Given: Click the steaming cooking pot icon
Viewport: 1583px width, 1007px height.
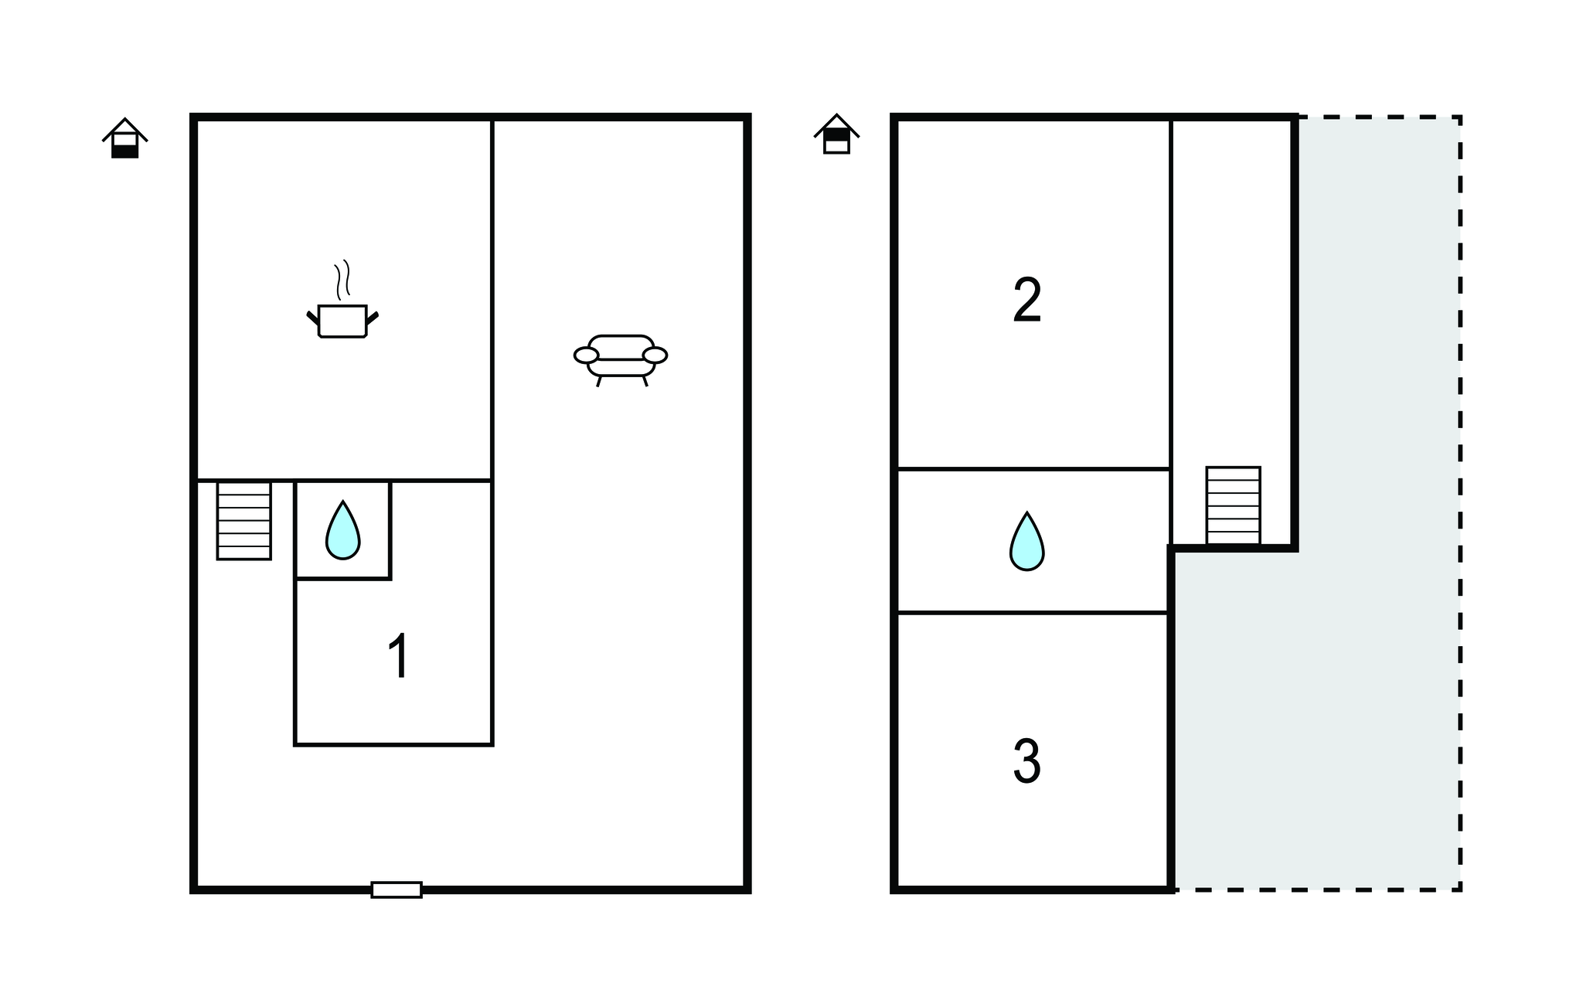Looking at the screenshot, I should click(342, 319).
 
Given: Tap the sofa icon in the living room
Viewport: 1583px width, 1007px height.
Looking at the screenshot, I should click(621, 358).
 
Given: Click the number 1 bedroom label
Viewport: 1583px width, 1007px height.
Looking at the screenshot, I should click(398, 656).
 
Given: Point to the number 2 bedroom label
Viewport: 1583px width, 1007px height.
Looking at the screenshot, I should click(1027, 301).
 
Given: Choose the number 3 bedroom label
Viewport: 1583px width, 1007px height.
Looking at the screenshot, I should click(1026, 761).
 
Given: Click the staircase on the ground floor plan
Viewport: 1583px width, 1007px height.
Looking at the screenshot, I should click(244, 520).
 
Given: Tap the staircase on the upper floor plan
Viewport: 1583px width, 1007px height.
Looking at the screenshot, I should click(1233, 505).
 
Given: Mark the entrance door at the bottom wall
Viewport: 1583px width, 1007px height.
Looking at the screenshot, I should click(397, 890).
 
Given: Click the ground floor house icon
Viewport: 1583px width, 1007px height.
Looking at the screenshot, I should click(125, 139).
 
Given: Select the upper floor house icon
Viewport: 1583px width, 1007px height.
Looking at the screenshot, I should click(836, 135).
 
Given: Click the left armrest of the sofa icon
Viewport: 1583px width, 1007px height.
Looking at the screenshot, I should click(586, 356).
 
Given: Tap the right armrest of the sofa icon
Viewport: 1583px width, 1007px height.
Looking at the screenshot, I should click(655, 356).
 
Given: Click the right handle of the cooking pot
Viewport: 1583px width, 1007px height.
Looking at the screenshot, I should click(373, 317).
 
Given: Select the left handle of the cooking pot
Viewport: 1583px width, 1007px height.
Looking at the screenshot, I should click(312, 317).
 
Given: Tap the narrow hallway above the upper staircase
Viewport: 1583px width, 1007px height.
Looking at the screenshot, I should click(1232, 294).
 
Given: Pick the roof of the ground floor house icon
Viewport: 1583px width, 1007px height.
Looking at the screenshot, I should click(125, 128).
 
